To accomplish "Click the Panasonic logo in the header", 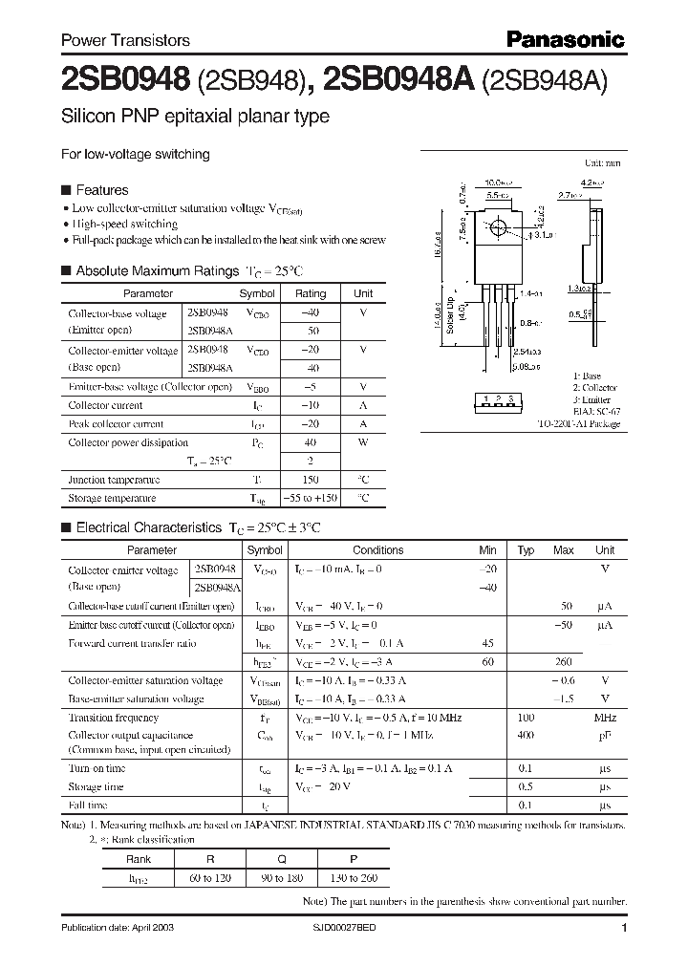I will click(x=565, y=39).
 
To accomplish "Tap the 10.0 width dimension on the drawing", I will click(x=497, y=181).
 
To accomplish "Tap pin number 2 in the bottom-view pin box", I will click(x=499, y=398).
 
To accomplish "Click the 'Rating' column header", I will click(x=310, y=294).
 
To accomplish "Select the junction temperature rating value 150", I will click(x=310, y=480).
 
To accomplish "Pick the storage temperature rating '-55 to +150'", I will click(x=310, y=498).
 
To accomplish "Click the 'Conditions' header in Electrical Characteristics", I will click(x=377, y=550).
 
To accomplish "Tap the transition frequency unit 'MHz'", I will click(x=604, y=718).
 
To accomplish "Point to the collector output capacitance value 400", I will click(x=526, y=736).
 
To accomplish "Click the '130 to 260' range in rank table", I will click(x=354, y=876).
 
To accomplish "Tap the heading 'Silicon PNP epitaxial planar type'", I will click(x=195, y=118).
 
